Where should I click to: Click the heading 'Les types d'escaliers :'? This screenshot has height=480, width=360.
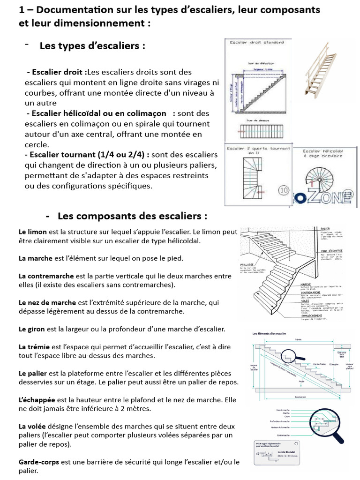(92, 46)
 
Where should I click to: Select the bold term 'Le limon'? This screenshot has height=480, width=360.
(33, 232)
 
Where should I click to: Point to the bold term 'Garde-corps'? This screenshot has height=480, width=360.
(39, 462)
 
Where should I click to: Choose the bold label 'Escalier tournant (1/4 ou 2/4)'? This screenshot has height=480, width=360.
(89, 155)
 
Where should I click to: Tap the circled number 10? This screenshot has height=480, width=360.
(284, 190)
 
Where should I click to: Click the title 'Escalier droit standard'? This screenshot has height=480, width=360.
(256, 43)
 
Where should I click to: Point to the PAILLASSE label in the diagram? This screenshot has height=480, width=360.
(247, 264)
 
